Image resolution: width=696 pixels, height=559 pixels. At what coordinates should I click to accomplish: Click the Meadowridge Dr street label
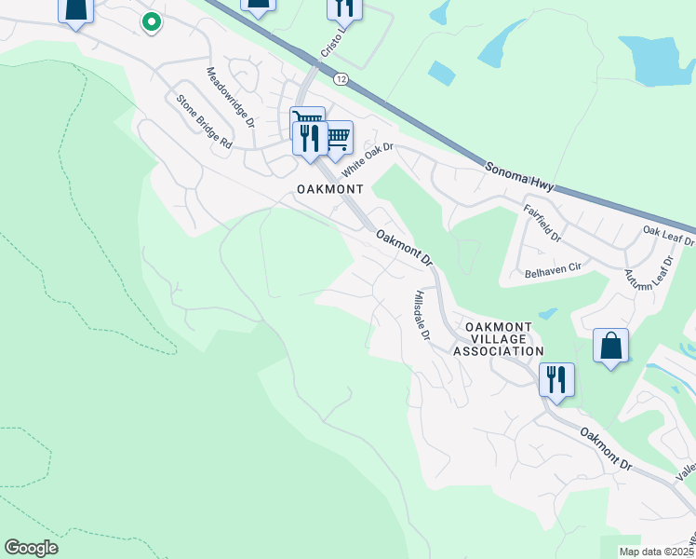click(x=230, y=97)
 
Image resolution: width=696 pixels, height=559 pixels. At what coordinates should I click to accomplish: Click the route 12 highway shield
click(x=341, y=81)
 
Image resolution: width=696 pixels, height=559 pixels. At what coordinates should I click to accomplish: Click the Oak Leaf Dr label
click(x=669, y=231)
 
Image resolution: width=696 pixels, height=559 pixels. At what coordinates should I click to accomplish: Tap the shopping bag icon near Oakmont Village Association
click(x=610, y=346)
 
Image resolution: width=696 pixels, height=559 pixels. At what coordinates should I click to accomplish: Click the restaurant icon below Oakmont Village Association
click(x=556, y=380)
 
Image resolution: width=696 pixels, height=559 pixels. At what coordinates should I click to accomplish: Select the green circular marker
click(x=152, y=20)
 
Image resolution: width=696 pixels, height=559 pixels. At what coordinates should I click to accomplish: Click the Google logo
click(x=31, y=548)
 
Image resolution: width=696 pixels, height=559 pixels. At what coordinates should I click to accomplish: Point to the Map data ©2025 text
click(x=657, y=552)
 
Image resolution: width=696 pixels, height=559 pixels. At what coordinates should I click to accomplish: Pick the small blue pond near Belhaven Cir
click(x=547, y=313)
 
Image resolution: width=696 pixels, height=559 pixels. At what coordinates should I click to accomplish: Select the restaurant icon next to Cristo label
click(x=344, y=8)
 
